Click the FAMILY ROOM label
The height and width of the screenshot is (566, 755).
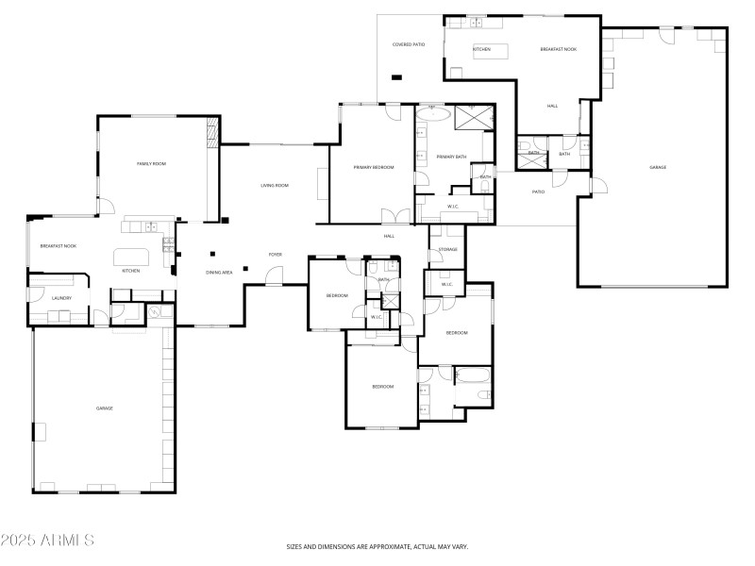[151, 164]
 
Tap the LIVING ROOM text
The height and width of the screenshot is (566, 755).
[275, 185]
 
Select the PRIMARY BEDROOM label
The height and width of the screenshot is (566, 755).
[374, 167]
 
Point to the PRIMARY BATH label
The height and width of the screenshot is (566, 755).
[451, 157]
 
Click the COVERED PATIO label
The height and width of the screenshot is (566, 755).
[409, 44]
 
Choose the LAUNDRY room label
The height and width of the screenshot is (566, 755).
[35, 298]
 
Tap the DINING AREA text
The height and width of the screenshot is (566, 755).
[219, 273]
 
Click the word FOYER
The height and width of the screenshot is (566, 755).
[276, 254]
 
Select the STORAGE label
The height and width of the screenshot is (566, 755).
[447, 249]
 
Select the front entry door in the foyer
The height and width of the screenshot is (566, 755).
[275, 276]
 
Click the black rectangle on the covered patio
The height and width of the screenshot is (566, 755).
[396, 77]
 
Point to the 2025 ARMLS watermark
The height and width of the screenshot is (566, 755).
[47, 541]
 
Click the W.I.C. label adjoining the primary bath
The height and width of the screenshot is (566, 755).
[453, 205]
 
